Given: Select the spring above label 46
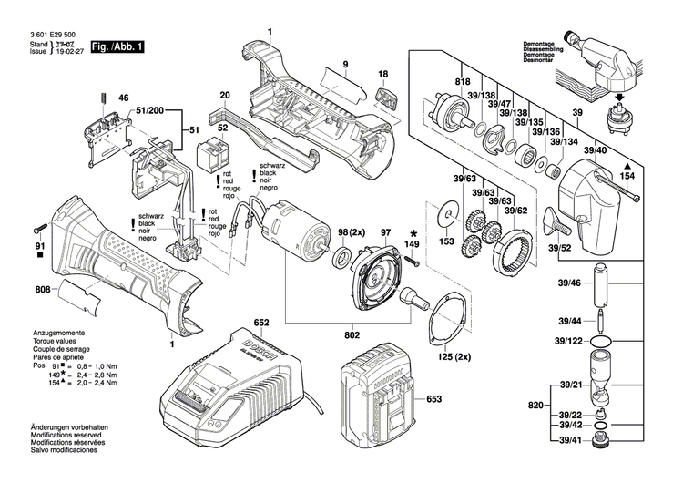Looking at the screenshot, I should pos(107,96).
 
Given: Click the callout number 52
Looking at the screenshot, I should pos(222,129).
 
